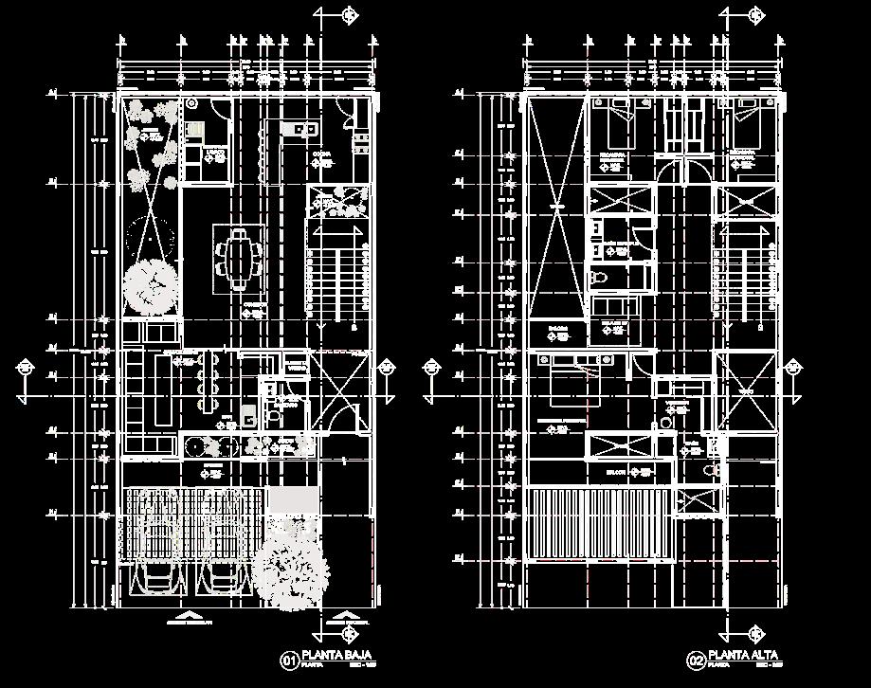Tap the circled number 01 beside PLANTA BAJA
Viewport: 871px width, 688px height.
pos(288,659)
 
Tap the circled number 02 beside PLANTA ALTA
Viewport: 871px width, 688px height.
pos(695,659)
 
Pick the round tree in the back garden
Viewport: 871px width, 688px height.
pos(151,284)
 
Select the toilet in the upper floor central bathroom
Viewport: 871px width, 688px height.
pos(598,279)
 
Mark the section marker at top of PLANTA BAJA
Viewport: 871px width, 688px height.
pos(348,15)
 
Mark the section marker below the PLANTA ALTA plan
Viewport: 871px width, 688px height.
pos(755,633)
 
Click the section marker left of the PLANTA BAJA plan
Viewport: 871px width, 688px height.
pos(24,368)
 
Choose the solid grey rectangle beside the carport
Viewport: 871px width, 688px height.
pos(293,499)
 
